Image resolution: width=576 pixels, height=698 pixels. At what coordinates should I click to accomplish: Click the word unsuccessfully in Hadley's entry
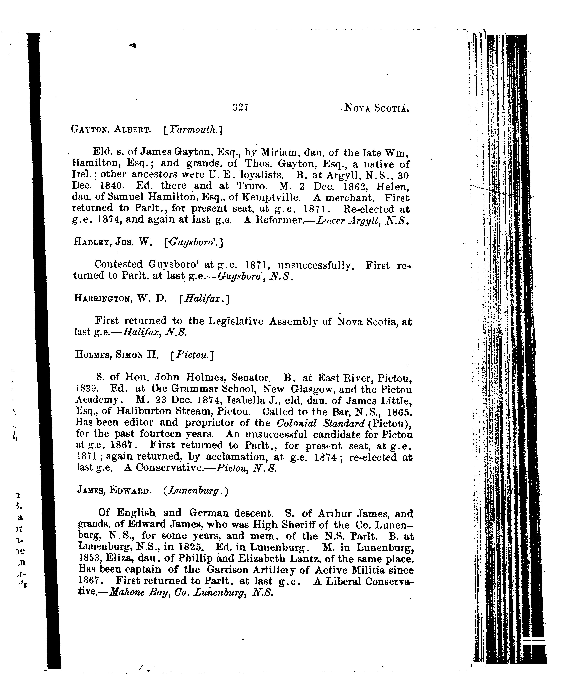(314, 265)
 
